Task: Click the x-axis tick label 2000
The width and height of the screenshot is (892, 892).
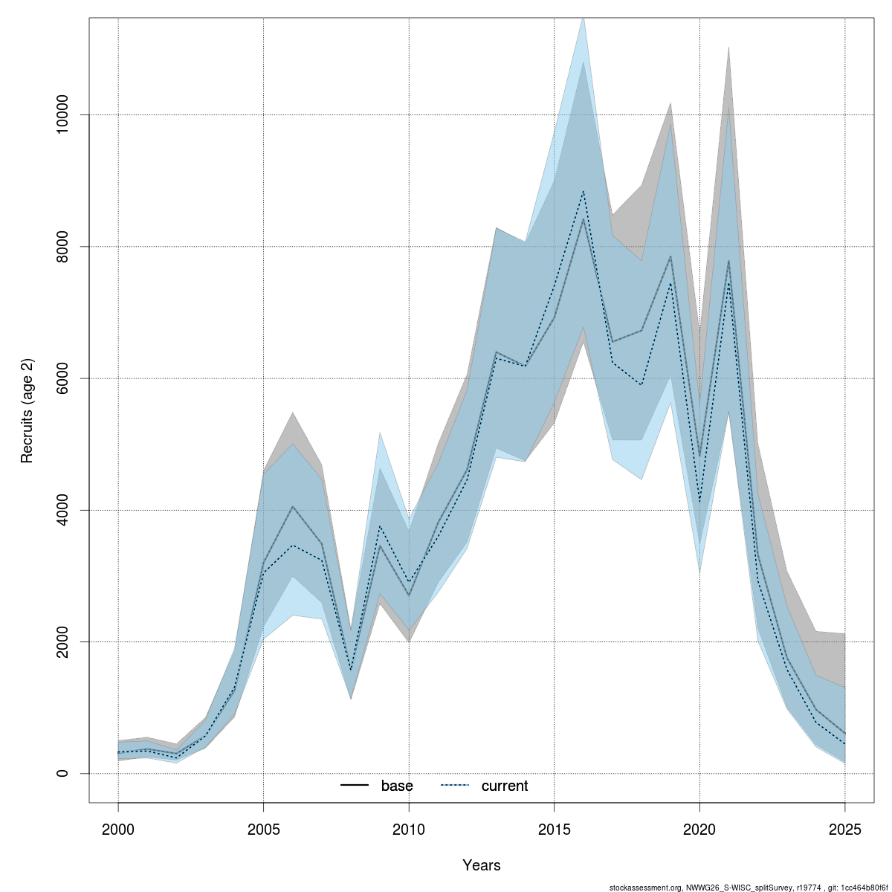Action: [118, 829]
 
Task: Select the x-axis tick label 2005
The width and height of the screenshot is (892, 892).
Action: [264, 829]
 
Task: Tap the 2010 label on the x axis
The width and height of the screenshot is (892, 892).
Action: [409, 829]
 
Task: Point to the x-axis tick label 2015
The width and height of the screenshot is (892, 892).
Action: [555, 829]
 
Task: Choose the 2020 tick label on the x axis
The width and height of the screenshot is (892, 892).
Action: [699, 829]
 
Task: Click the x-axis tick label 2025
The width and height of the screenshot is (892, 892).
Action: [845, 829]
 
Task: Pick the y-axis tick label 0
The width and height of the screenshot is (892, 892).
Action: [62, 773]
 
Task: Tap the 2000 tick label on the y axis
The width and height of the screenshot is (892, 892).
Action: [62, 641]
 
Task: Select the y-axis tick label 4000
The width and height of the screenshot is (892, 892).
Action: [62, 510]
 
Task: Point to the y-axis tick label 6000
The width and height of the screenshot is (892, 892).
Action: [62, 378]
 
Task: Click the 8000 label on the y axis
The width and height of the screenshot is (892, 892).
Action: [62, 247]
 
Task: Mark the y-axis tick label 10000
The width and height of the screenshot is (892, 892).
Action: [62, 115]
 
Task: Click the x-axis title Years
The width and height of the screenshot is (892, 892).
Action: [482, 865]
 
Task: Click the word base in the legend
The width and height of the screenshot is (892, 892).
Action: [397, 786]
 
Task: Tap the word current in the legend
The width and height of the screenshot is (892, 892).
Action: [505, 786]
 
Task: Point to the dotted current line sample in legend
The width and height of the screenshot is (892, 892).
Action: [455, 786]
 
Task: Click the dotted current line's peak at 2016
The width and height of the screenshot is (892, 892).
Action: [584, 192]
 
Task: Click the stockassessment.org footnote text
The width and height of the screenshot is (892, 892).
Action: [748, 888]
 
